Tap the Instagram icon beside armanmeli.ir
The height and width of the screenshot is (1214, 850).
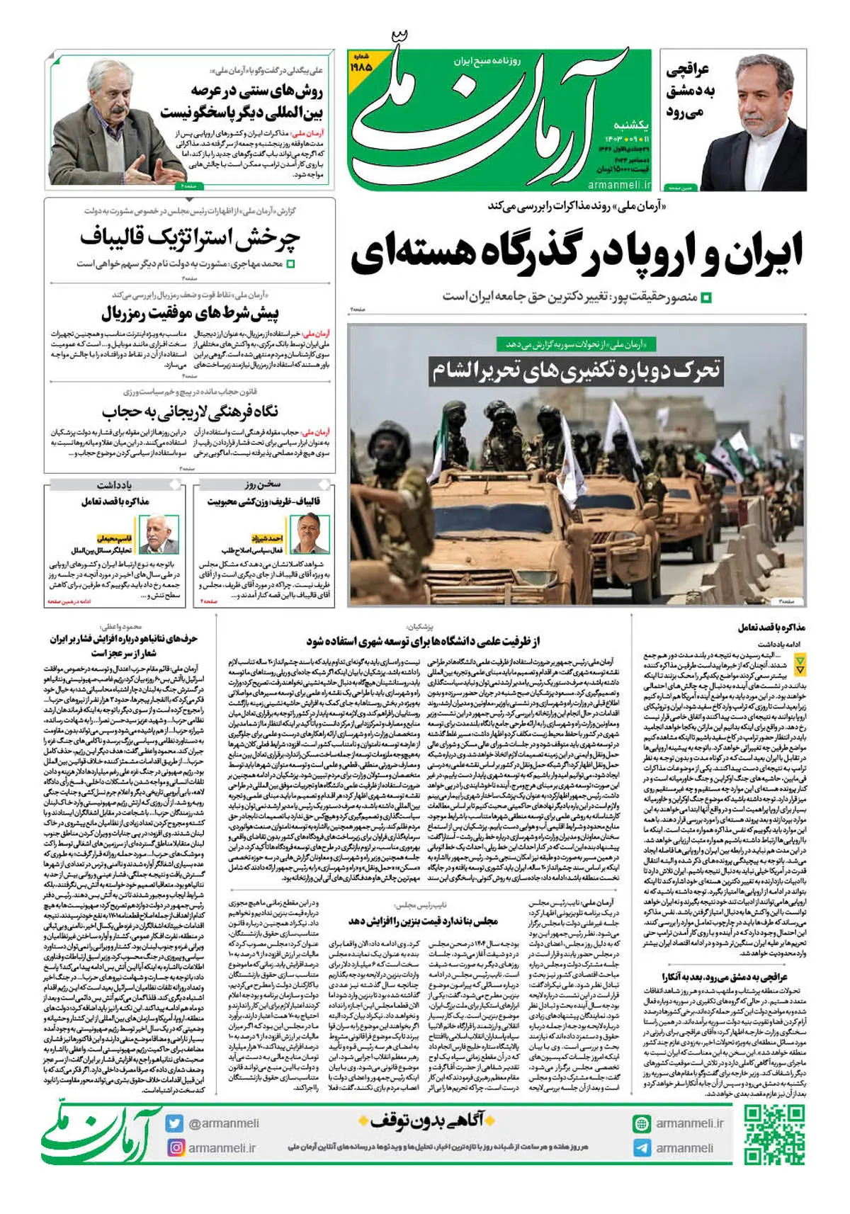pyautogui.click(x=176, y=1147)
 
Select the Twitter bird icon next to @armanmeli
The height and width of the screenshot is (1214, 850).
pyautogui.click(x=175, y=1123)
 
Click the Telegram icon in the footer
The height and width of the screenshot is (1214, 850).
pyautogui.click(x=642, y=1148)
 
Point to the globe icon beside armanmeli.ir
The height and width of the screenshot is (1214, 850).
pyautogui.click(x=642, y=1123)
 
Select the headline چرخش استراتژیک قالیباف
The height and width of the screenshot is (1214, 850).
pyautogui.click(x=190, y=238)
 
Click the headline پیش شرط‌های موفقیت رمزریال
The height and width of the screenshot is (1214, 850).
pyautogui.click(x=190, y=312)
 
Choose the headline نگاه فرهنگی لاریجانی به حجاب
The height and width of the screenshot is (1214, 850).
pyautogui.click(x=190, y=412)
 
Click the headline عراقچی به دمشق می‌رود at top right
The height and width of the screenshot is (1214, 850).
pyautogui.click(x=690, y=91)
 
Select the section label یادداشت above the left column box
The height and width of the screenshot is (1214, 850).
pyautogui.click(x=115, y=485)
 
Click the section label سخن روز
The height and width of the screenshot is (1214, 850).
pyautogui.click(x=263, y=485)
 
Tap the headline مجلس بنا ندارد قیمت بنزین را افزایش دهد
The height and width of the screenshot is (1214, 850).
pyautogui.click(x=423, y=921)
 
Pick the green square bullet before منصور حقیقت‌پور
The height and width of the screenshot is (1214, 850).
pyautogui.click(x=705, y=297)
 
